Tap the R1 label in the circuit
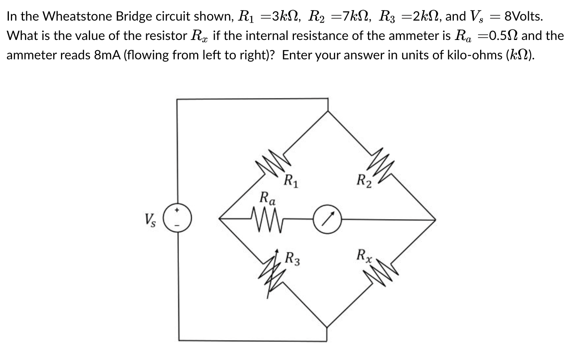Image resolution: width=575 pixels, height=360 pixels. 291,180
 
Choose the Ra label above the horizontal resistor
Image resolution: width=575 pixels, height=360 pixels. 268,198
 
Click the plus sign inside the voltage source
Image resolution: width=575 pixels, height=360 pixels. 177,211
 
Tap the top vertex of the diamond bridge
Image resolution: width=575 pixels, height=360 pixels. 328,110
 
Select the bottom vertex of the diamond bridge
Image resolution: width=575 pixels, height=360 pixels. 328,326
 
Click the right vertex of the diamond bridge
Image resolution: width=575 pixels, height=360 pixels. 436,219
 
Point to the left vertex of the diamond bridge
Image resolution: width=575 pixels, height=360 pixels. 219,219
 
